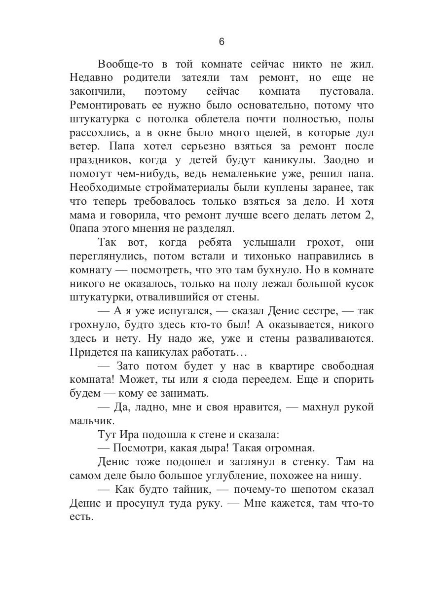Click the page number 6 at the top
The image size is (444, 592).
(x=222, y=42)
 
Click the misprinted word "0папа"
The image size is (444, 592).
(x=87, y=229)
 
